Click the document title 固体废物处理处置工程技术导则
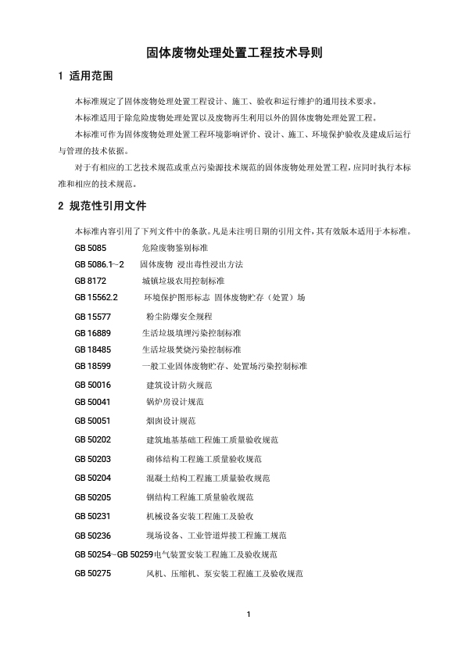pos(234,53)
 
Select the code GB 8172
pos(91,280)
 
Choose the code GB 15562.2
pos(96,298)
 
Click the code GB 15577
pos(93,317)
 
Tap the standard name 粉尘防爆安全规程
pos(179,317)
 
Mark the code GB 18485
pos(93,349)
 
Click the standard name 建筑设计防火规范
pos(179,385)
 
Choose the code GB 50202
pos(93,440)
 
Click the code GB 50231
pos(93,516)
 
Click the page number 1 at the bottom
pos(248,614)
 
